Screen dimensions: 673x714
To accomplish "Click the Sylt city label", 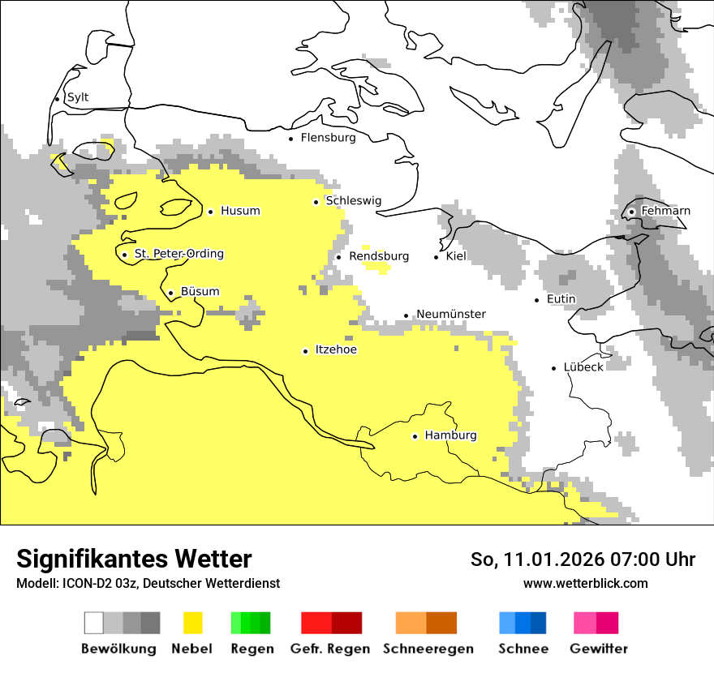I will pyautogui.click(x=78, y=97).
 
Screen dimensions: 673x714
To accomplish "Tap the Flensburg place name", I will pyautogui.click(x=328, y=138).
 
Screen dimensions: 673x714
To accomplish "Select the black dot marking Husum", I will pyautogui.click(x=210, y=212).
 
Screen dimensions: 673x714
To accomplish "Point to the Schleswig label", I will pyautogui.click(x=353, y=201).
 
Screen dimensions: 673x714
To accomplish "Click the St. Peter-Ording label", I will pyautogui.click(x=178, y=254).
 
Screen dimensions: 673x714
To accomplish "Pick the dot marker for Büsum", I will pyautogui.click(x=170, y=293).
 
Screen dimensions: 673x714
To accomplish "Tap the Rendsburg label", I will pyautogui.click(x=378, y=256).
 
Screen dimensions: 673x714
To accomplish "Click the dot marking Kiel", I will pyautogui.click(x=437, y=257).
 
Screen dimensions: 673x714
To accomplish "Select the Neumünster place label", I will pyautogui.click(x=450, y=315).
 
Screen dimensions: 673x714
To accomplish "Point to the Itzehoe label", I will pyautogui.click(x=335, y=349).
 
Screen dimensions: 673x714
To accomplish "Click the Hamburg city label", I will pyautogui.click(x=450, y=435).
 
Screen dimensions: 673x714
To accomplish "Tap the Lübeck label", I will pyautogui.click(x=583, y=367).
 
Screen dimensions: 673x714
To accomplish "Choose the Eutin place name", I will pyautogui.click(x=561, y=299).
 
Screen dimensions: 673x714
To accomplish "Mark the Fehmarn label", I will pyautogui.click(x=665, y=211).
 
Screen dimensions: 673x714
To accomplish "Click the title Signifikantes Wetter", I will pyautogui.click(x=134, y=559).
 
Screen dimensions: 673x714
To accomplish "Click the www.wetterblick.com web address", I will pyautogui.click(x=585, y=583).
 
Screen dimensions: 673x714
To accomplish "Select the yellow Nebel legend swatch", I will pyautogui.click(x=193, y=623).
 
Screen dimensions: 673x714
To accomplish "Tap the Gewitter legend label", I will pyautogui.click(x=598, y=649).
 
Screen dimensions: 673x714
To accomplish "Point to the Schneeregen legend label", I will pyautogui.click(x=428, y=649).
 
